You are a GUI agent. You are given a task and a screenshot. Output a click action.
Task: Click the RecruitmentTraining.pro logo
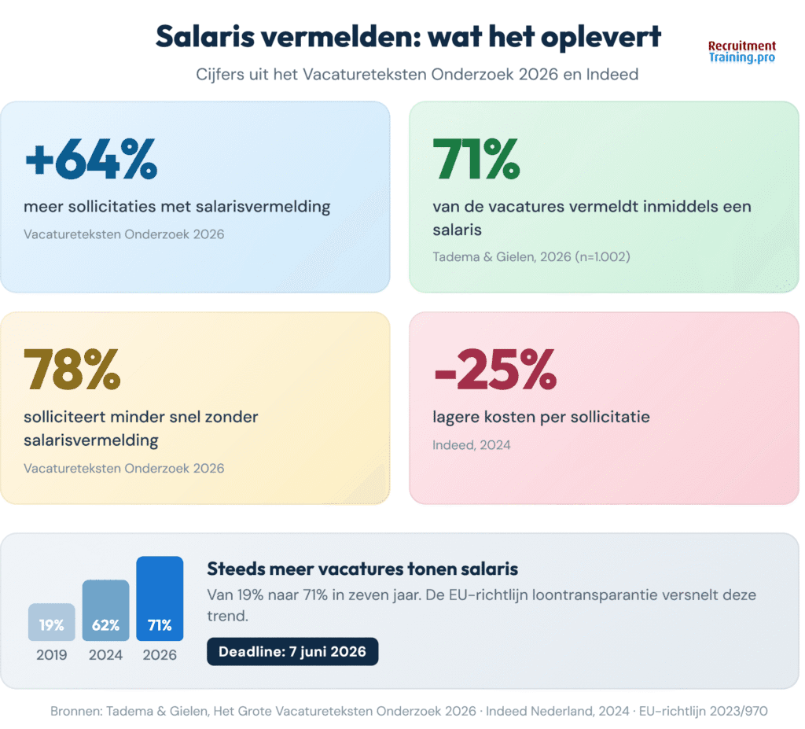[x=741, y=52]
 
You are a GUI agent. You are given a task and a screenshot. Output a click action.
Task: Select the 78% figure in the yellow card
[x=72, y=369]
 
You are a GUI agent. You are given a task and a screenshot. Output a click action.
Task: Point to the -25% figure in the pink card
[x=495, y=369]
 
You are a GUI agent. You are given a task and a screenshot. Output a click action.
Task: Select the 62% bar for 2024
[x=105, y=610]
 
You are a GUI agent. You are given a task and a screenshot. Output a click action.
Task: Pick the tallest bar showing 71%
[x=160, y=599]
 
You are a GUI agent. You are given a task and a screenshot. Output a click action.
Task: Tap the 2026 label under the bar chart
[x=160, y=654]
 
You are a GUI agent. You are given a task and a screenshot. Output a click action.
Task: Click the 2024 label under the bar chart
[x=105, y=654]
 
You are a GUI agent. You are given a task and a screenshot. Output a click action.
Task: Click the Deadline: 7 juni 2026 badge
[x=292, y=651]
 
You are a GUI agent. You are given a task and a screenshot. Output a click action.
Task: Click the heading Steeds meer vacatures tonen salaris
[x=362, y=569]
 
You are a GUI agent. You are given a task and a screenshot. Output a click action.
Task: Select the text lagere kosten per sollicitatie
[x=542, y=417]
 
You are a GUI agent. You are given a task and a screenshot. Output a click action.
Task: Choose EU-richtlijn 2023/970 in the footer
[x=704, y=710]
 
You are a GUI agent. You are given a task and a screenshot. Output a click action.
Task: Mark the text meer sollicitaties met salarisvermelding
[x=177, y=207]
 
